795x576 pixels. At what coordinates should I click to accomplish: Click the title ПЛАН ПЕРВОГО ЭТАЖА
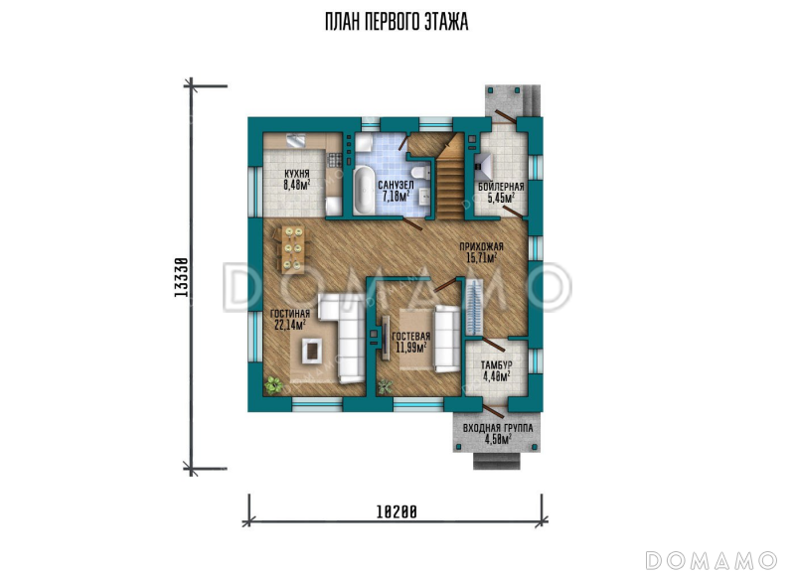point(397,22)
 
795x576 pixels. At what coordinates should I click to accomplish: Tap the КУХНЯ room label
point(296,174)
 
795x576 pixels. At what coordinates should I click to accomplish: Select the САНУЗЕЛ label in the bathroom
point(396,186)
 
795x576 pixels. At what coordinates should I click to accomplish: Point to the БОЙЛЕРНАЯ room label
point(501,187)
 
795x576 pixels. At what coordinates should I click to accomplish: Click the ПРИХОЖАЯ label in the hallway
point(481,247)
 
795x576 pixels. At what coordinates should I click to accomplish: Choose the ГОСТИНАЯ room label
point(289,314)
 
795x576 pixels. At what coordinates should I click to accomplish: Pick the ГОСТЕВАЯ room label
point(410,337)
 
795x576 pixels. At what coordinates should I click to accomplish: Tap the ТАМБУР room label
point(496,365)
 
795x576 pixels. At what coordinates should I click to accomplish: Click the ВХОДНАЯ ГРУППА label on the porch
point(498,429)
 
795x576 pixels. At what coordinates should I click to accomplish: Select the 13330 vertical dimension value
point(181,277)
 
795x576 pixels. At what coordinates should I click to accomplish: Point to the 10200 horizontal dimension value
point(396,512)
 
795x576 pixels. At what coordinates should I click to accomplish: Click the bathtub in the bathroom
point(362,190)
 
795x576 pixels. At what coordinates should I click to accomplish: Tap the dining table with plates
point(291,248)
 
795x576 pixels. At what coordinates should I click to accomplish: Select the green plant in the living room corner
point(274,385)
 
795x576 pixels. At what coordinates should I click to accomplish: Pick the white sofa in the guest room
point(446,339)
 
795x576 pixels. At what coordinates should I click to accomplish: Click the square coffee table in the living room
point(311,350)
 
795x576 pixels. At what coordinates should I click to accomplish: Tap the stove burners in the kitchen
point(334,160)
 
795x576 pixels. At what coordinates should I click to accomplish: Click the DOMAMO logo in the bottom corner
point(711,560)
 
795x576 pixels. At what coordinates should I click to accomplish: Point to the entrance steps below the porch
point(497,461)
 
